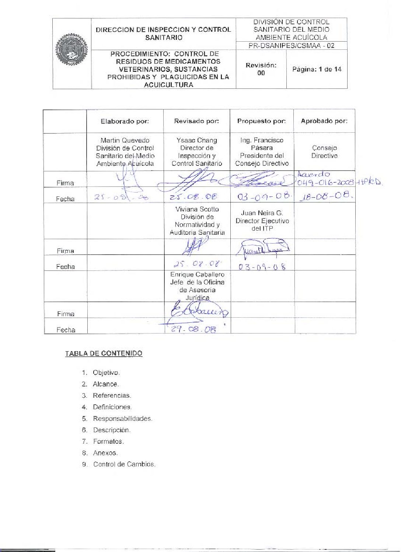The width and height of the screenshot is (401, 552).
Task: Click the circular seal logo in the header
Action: click(x=72, y=49)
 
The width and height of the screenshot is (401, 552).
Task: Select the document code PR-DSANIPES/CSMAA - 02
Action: click(x=291, y=46)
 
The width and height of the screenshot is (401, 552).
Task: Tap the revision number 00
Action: click(x=261, y=73)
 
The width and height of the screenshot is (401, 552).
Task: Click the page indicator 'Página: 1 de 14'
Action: click(x=317, y=69)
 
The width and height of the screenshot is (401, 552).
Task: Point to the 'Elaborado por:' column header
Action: click(x=125, y=121)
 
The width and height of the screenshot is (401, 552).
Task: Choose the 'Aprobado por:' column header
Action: click(x=324, y=121)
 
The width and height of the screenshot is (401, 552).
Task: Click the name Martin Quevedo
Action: click(x=125, y=140)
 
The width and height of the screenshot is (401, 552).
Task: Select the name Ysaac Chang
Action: click(x=197, y=140)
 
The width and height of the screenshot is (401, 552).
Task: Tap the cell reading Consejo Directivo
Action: click(x=324, y=152)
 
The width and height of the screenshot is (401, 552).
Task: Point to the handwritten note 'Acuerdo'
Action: click(x=313, y=174)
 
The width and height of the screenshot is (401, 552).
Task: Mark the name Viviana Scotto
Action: click(x=197, y=209)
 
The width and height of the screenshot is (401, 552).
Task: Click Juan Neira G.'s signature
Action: click(x=262, y=247)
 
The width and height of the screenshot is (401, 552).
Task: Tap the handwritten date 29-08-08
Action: click(x=194, y=329)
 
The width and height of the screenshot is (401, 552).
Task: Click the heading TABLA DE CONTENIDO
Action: click(x=104, y=353)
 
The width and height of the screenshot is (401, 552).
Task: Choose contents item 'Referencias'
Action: click(x=112, y=396)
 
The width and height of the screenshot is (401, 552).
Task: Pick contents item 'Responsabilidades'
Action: click(x=122, y=419)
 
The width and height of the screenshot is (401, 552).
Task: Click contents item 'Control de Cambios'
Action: click(x=124, y=464)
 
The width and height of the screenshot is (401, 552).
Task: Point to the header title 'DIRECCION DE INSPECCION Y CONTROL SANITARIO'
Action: click(x=163, y=34)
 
